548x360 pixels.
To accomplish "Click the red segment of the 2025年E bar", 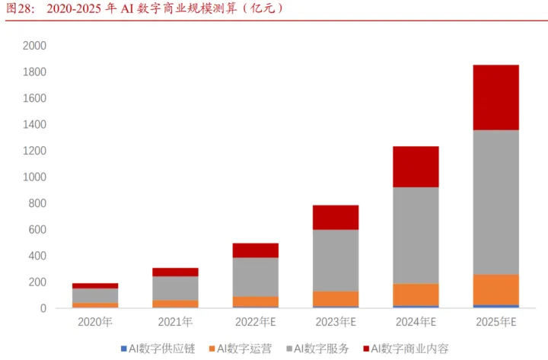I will coord(495,97).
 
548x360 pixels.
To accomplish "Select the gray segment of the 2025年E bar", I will coord(495,202).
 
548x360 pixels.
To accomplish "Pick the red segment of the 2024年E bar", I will coord(415,167).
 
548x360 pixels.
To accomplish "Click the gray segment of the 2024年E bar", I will coord(415,235).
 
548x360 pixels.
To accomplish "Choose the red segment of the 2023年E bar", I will coord(335,217).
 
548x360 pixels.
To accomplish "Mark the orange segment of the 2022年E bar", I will coord(255,301).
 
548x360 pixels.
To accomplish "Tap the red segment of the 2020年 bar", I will coord(95,285).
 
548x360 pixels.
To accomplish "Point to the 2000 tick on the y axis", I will coord(35,46).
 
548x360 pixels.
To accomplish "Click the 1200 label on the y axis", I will coord(35,151).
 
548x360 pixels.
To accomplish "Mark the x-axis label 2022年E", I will coord(255,322).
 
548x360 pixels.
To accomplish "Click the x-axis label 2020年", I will coord(95,322).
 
